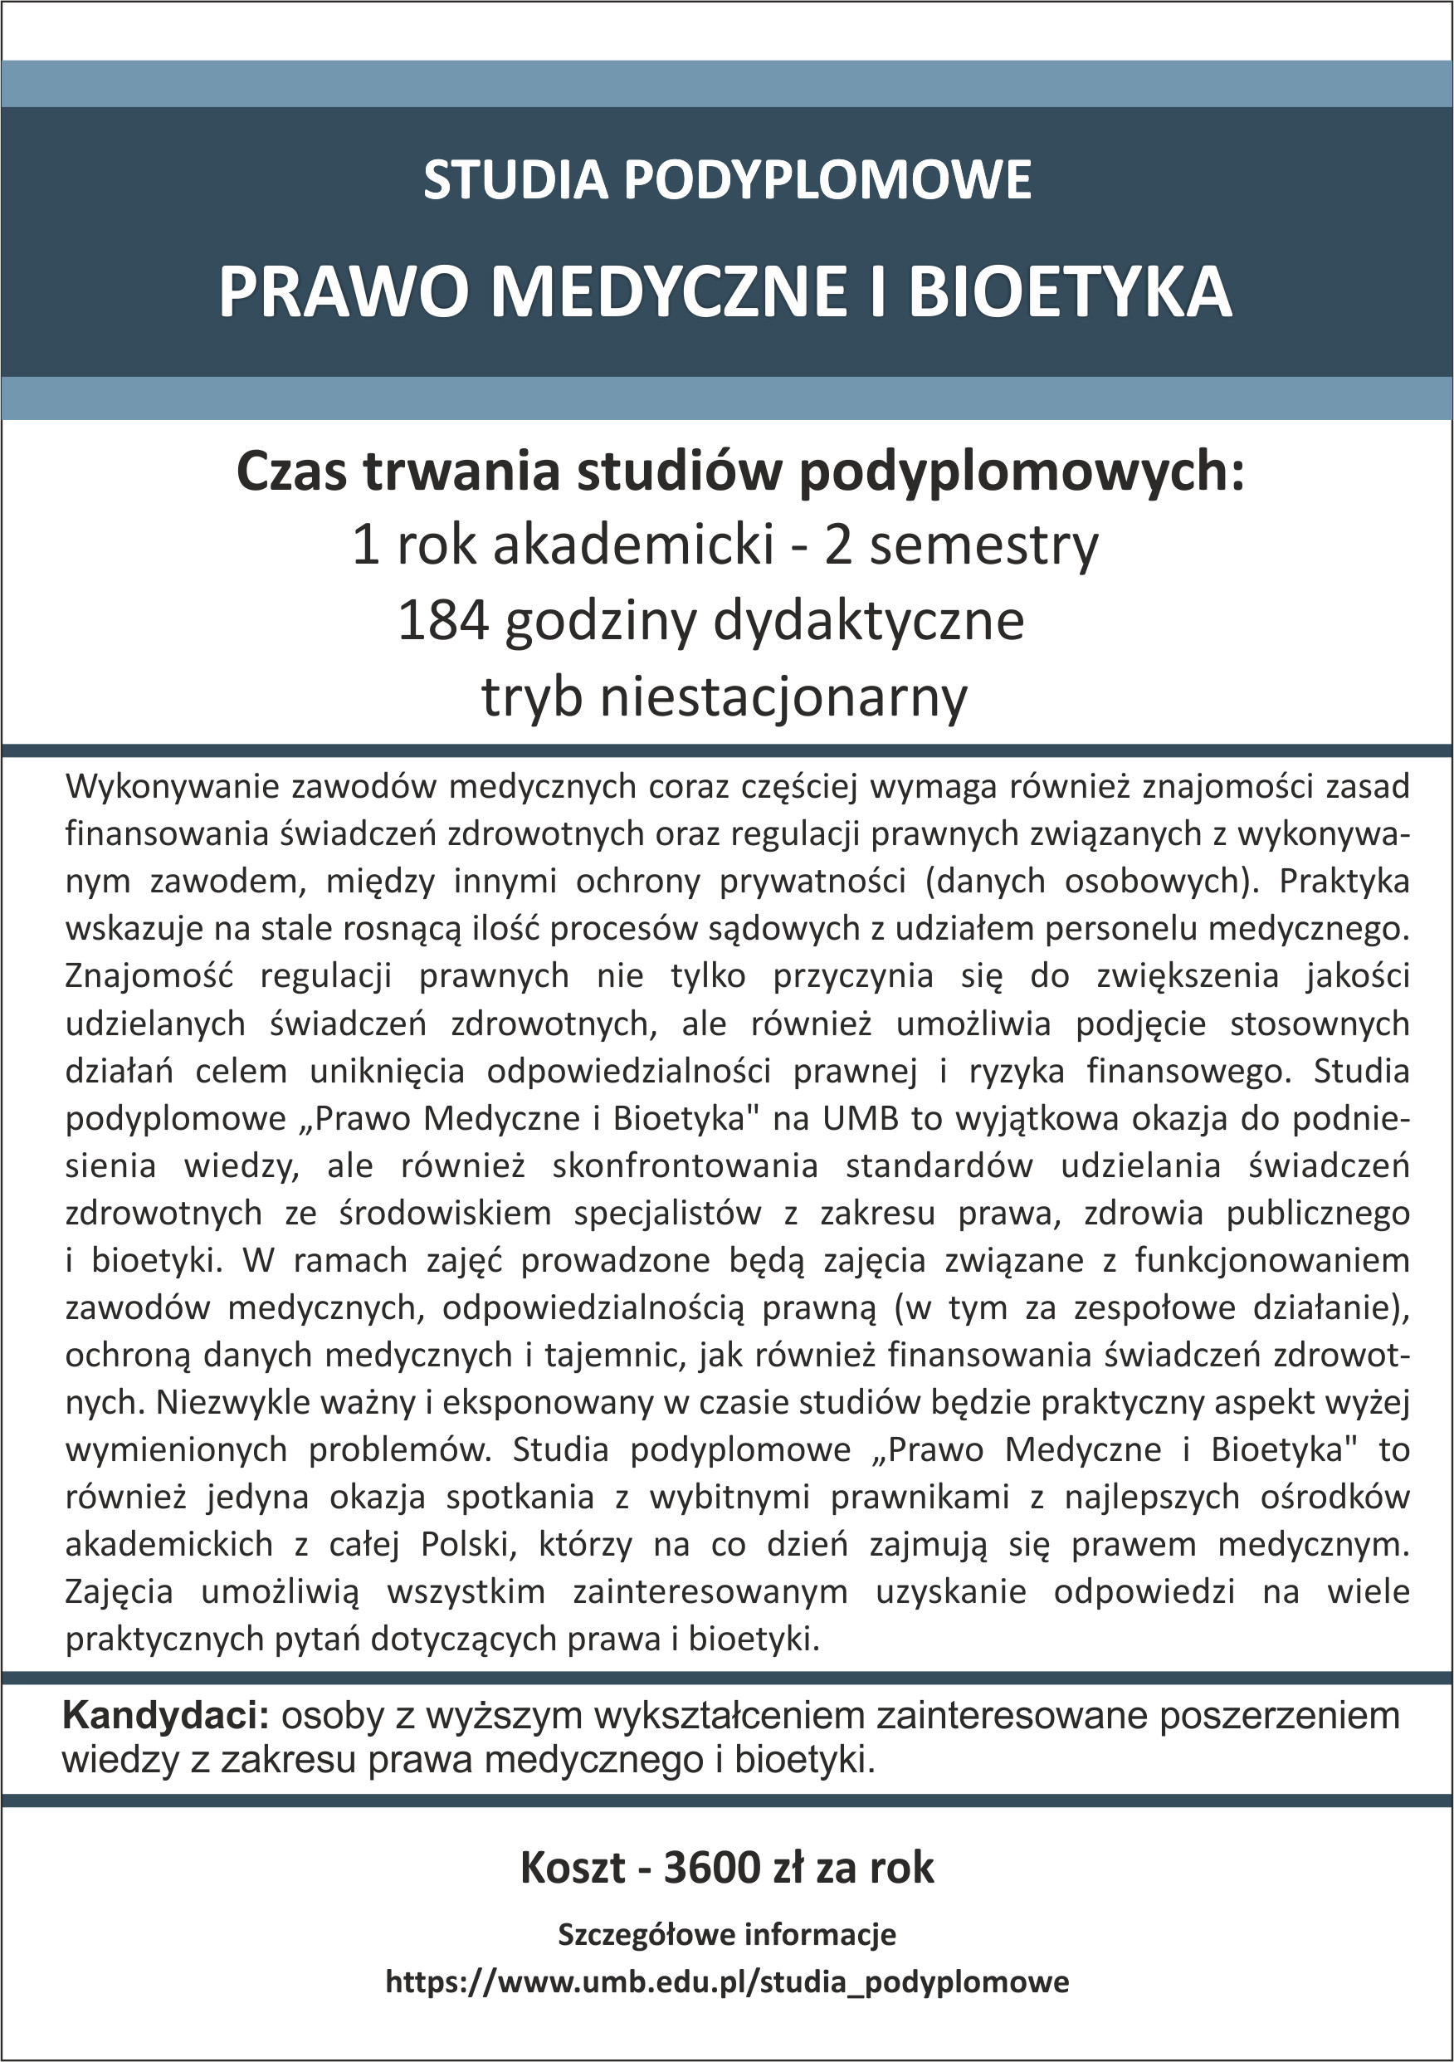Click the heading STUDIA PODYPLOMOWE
(x=726, y=179)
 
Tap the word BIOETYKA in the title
(x=1069, y=292)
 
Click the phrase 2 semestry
(x=961, y=545)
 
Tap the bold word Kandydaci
(x=165, y=1715)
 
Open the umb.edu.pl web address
(x=726, y=1981)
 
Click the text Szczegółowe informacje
(x=726, y=1933)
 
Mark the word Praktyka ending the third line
(x=1344, y=882)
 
